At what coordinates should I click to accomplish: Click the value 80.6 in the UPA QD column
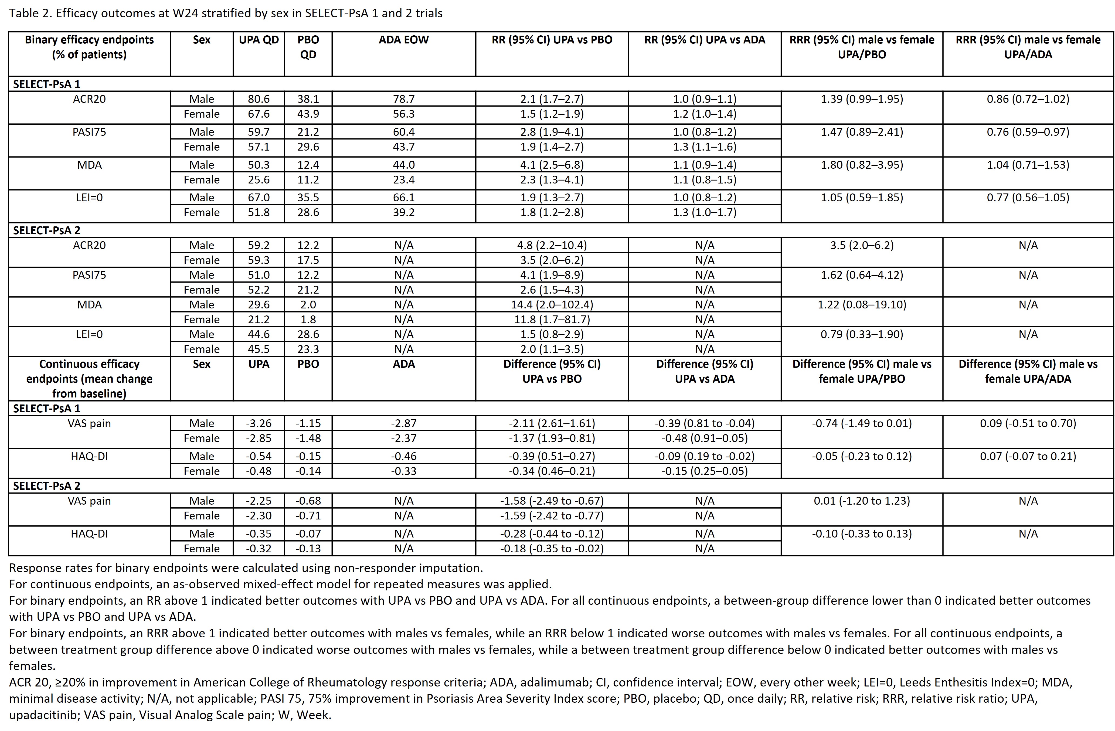(259, 99)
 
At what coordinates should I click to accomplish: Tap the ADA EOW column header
(403, 40)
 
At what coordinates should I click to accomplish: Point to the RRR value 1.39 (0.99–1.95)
(862, 99)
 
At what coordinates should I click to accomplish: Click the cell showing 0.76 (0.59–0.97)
(1028, 132)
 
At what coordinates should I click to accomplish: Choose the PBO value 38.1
(308, 99)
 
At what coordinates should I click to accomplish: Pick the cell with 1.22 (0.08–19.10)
(862, 305)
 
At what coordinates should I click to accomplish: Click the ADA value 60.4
(403, 132)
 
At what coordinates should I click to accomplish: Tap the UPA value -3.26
(259, 423)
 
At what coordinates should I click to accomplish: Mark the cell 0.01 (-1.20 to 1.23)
(862, 501)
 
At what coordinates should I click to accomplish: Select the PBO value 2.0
(308, 305)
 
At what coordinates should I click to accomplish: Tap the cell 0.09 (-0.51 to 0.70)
(1028, 423)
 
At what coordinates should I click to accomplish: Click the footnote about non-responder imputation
(246, 568)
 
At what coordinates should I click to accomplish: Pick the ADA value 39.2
(403, 212)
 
